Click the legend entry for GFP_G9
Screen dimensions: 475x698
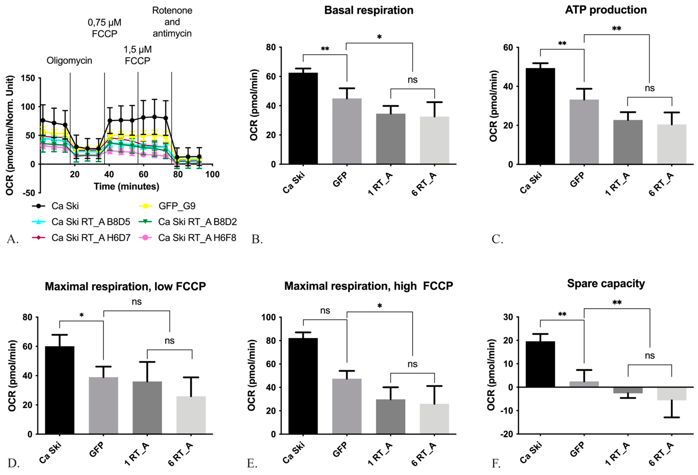(x=177, y=206)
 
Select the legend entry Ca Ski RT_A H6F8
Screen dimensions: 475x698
(x=197, y=238)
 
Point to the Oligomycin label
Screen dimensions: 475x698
(x=69, y=61)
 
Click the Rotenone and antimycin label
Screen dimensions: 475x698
(x=172, y=22)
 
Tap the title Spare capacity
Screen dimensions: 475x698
(x=606, y=284)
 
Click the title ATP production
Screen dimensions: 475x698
(x=606, y=10)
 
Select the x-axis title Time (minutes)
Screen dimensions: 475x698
(x=126, y=186)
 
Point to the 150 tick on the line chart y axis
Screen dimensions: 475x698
(x=28, y=78)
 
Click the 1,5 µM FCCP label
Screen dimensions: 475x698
(x=138, y=55)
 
